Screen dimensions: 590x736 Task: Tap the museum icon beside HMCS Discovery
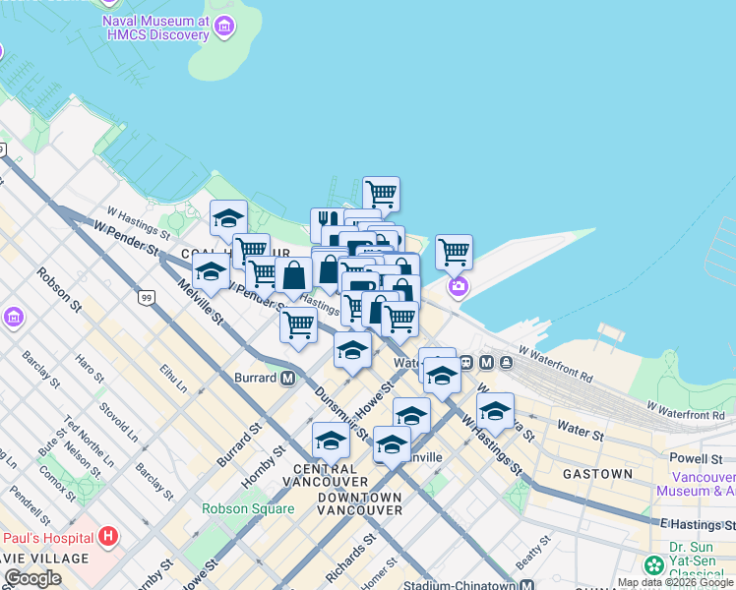[x=225, y=26]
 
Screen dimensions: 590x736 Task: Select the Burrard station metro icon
[x=288, y=378]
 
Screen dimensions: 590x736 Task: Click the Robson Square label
[x=248, y=508]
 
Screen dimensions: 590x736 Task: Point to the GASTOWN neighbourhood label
[x=597, y=474]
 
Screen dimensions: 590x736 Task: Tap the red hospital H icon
[x=108, y=537]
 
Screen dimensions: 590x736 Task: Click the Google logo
[x=32, y=578]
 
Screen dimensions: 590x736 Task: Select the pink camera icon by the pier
[x=459, y=286]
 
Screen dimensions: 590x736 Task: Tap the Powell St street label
[x=696, y=458]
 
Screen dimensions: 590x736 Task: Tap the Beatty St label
[x=534, y=557]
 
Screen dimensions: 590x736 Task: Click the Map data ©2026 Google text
[x=676, y=582]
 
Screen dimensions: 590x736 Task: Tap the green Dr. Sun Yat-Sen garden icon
[x=653, y=565]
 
